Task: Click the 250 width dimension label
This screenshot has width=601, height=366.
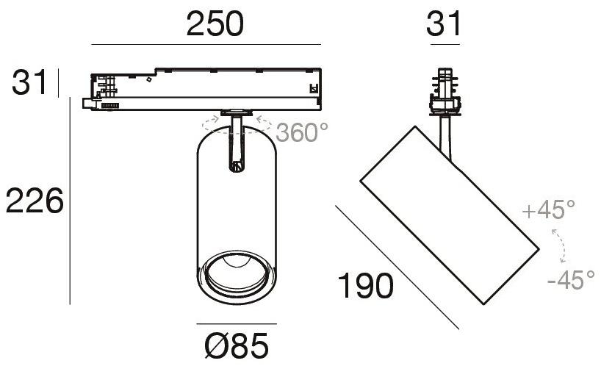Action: click(x=215, y=24)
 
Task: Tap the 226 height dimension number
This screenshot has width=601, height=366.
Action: click(x=35, y=201)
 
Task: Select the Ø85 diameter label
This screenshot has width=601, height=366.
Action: click(x=236, y=345)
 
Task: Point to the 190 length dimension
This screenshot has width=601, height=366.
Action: click(x=365, y=285)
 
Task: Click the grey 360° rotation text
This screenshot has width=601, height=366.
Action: click(x=302, y=132)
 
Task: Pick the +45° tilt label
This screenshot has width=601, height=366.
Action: click(x=549, y=209)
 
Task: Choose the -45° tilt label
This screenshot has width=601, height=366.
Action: click(x=571, y=279)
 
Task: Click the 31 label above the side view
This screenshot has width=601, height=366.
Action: click(x=444, y=24)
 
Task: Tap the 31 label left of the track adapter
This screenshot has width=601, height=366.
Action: click(x=29, y=82)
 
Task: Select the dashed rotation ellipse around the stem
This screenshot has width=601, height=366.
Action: click(x=236, y=126)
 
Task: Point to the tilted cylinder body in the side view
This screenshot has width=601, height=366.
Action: click(x=450, y=215)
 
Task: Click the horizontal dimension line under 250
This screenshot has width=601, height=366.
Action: click(x=206, y=44)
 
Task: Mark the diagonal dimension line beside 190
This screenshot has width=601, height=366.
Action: click(x=397, y=267)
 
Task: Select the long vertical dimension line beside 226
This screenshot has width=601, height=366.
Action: click(x=70, y=201)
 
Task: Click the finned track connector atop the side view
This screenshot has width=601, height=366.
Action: click(x=445, y=91)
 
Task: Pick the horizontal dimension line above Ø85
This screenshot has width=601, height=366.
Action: click(x=237, y=324)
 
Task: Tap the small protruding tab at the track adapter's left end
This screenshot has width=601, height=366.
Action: click(x=87, y=104)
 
